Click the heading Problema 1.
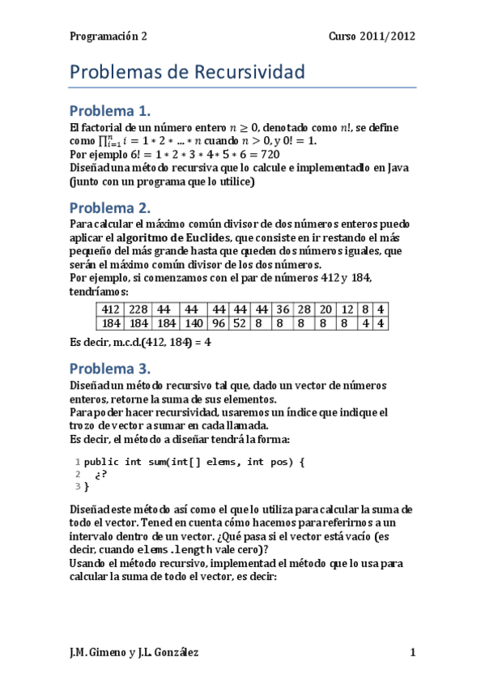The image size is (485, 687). point(121,110)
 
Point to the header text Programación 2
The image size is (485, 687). point(108,36)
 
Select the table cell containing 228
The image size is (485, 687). point(137,309)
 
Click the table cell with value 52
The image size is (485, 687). point(240,323)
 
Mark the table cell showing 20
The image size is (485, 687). point(325,309)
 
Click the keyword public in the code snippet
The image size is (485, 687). point(100,461)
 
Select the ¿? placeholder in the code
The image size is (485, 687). point(100,474)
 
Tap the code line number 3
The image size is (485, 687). point(77,486)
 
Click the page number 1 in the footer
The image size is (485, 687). point(413,652)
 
